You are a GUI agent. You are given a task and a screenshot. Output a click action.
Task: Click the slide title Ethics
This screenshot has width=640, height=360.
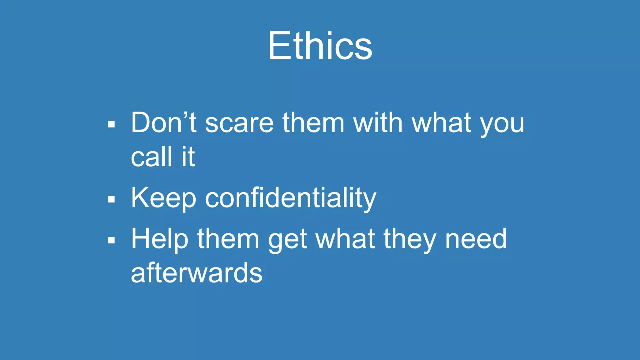pyautogui.click(x=320, y=46)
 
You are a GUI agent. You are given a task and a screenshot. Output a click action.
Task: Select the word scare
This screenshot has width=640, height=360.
pyautogui.click(x=239, y=122)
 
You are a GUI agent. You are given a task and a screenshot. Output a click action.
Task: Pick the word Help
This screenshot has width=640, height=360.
pyautogui.click(x=160, y=239)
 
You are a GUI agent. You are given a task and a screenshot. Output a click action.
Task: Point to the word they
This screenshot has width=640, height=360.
pyautogui.click(x=410, y=239)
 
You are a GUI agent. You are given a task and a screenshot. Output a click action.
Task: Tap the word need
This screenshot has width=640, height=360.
pyautogui.click(x=476, y=239)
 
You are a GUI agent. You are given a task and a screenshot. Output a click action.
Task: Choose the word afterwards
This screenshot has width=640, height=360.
pyautogui.click(x=197, y=272)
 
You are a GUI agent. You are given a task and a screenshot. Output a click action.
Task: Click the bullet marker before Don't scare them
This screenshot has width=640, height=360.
pyautogui.click(x=111, y=124)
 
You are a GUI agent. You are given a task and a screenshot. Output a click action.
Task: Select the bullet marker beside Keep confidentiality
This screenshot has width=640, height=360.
pyautogui.click(x=111, y=199)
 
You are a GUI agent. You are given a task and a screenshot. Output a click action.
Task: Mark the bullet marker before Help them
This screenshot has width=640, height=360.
pyautogui.click(x=111, y=240)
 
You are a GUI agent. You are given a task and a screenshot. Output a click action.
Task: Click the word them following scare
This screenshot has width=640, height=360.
pyautogui.click(x=313, y=122)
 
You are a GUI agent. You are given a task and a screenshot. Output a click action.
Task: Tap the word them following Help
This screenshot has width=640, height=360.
pyautogui.click(x=228, y=239)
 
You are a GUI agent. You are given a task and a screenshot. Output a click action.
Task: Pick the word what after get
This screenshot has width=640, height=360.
pyautogui.click(x=345, y=239)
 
